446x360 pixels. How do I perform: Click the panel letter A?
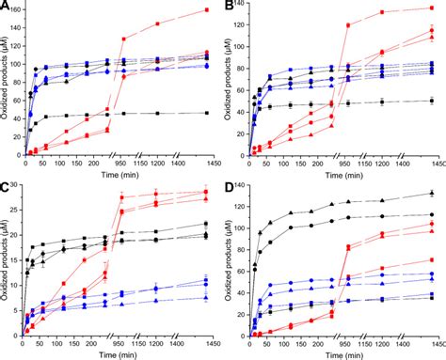pyautogui.click(x=7, y=7)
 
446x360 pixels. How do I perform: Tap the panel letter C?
pyautogui.click(x=7, y=187)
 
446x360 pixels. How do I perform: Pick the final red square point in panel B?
pyautogui.click(x=431, y=8)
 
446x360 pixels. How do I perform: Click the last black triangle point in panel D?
pyautogui.click(x=431, y=194)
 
